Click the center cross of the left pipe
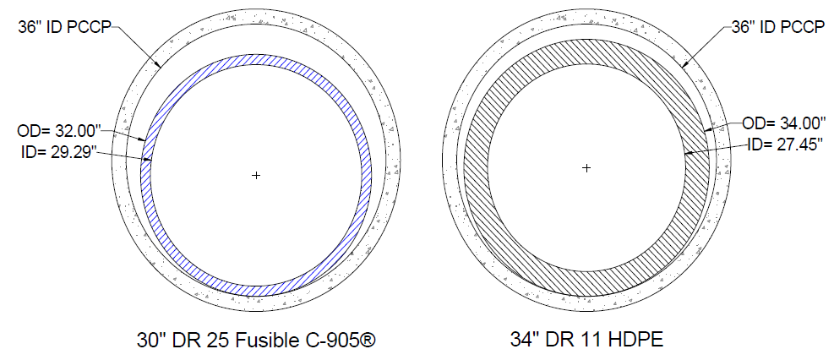tap(256, 175)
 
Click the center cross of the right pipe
tap(586, 168)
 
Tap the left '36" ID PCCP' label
tap(64, 28)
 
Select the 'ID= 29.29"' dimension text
tap(57, 154)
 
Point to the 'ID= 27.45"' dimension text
tap(782, 145)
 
